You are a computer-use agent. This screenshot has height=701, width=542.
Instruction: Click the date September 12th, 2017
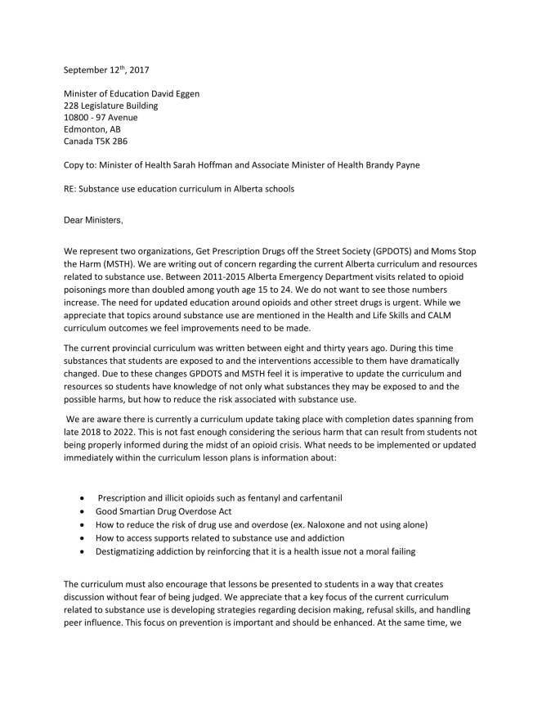coord(110,70)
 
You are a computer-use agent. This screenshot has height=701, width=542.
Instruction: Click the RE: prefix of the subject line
coord(71,189)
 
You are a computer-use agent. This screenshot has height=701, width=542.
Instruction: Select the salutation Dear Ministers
coord(97,219)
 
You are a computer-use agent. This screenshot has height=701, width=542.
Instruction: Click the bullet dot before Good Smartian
coord(85,511)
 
